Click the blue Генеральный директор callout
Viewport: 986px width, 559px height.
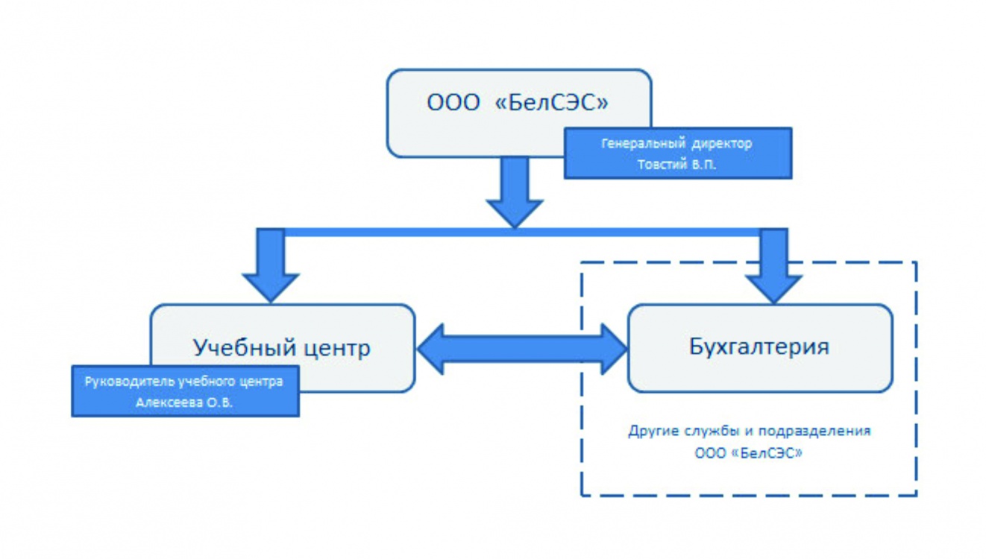677,154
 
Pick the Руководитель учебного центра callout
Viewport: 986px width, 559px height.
185,391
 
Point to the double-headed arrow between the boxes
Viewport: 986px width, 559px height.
522,348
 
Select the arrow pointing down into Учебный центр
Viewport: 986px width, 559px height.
271,265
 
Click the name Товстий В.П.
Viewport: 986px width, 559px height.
676,165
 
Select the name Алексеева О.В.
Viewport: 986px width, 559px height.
184,402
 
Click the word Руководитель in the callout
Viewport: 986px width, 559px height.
131,382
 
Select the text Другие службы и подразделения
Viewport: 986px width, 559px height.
748,431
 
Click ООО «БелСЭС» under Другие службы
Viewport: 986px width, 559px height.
748,452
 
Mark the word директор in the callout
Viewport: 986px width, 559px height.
720,143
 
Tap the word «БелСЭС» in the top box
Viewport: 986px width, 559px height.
551,102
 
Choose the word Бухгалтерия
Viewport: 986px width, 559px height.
759,347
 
